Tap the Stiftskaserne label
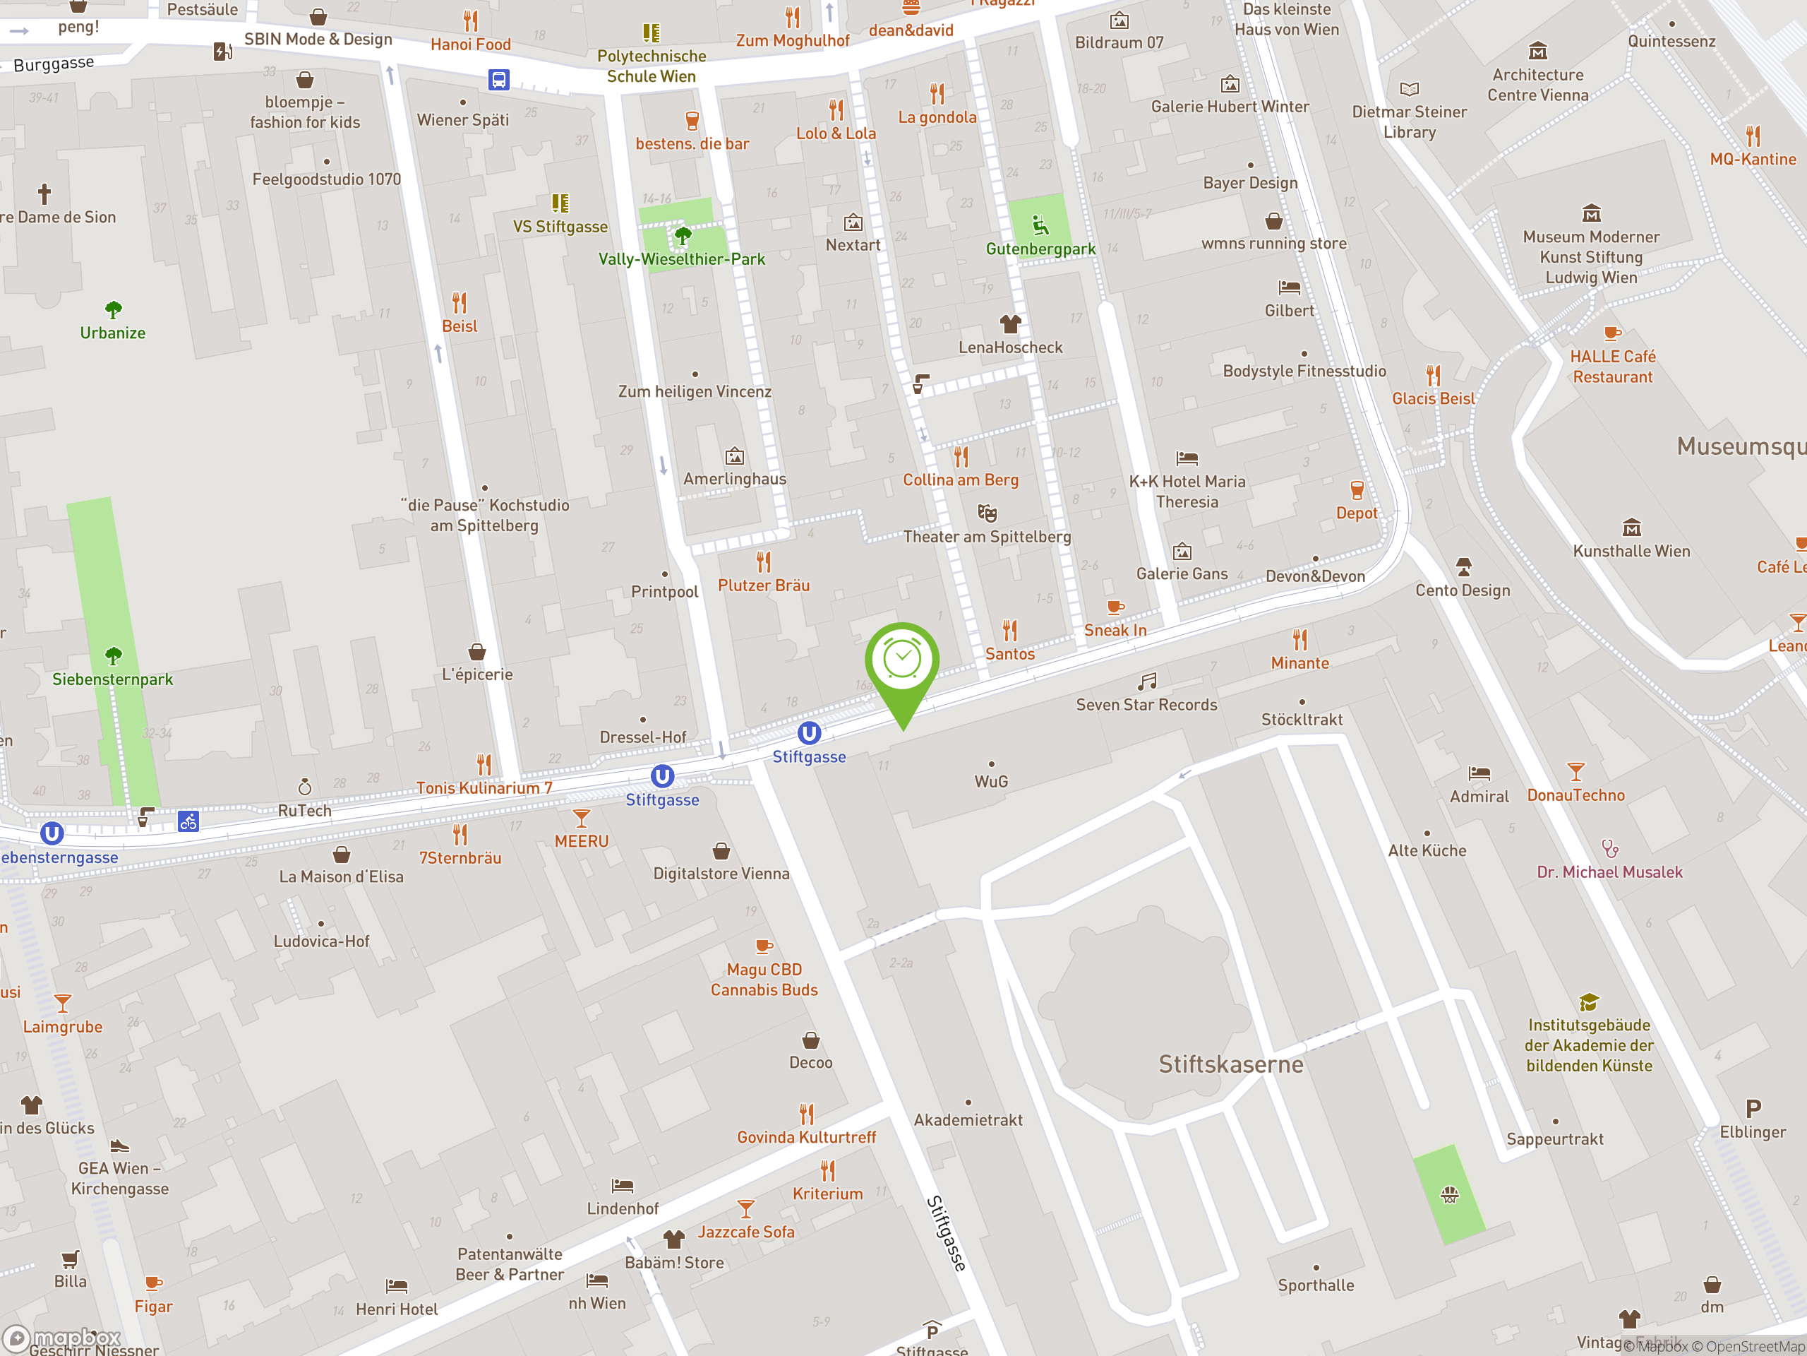[x=1230, y=1064]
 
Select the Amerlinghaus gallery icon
[x=734, y=456]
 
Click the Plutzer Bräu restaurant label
[x=763, y=585]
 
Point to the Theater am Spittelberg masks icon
[x=987, y=513]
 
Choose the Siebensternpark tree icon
[x=113, y=655]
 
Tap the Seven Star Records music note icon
[x=1147, y=681]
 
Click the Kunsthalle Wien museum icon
[x=1631, y=527]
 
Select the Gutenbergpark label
[x=1040, y=249]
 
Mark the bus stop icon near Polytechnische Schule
[x=498, y=79]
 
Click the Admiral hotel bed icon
[x=1479, y=773]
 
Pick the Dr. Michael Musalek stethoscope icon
[x=1609, y=848]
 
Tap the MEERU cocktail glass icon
[x=581, y=817]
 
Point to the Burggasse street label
[x=53, y=64]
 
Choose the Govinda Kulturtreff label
[x=805, y=1137]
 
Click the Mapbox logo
[x=62, y=1338]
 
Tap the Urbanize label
[x=113, y=333]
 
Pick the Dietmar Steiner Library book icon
[x=1409, y=88]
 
